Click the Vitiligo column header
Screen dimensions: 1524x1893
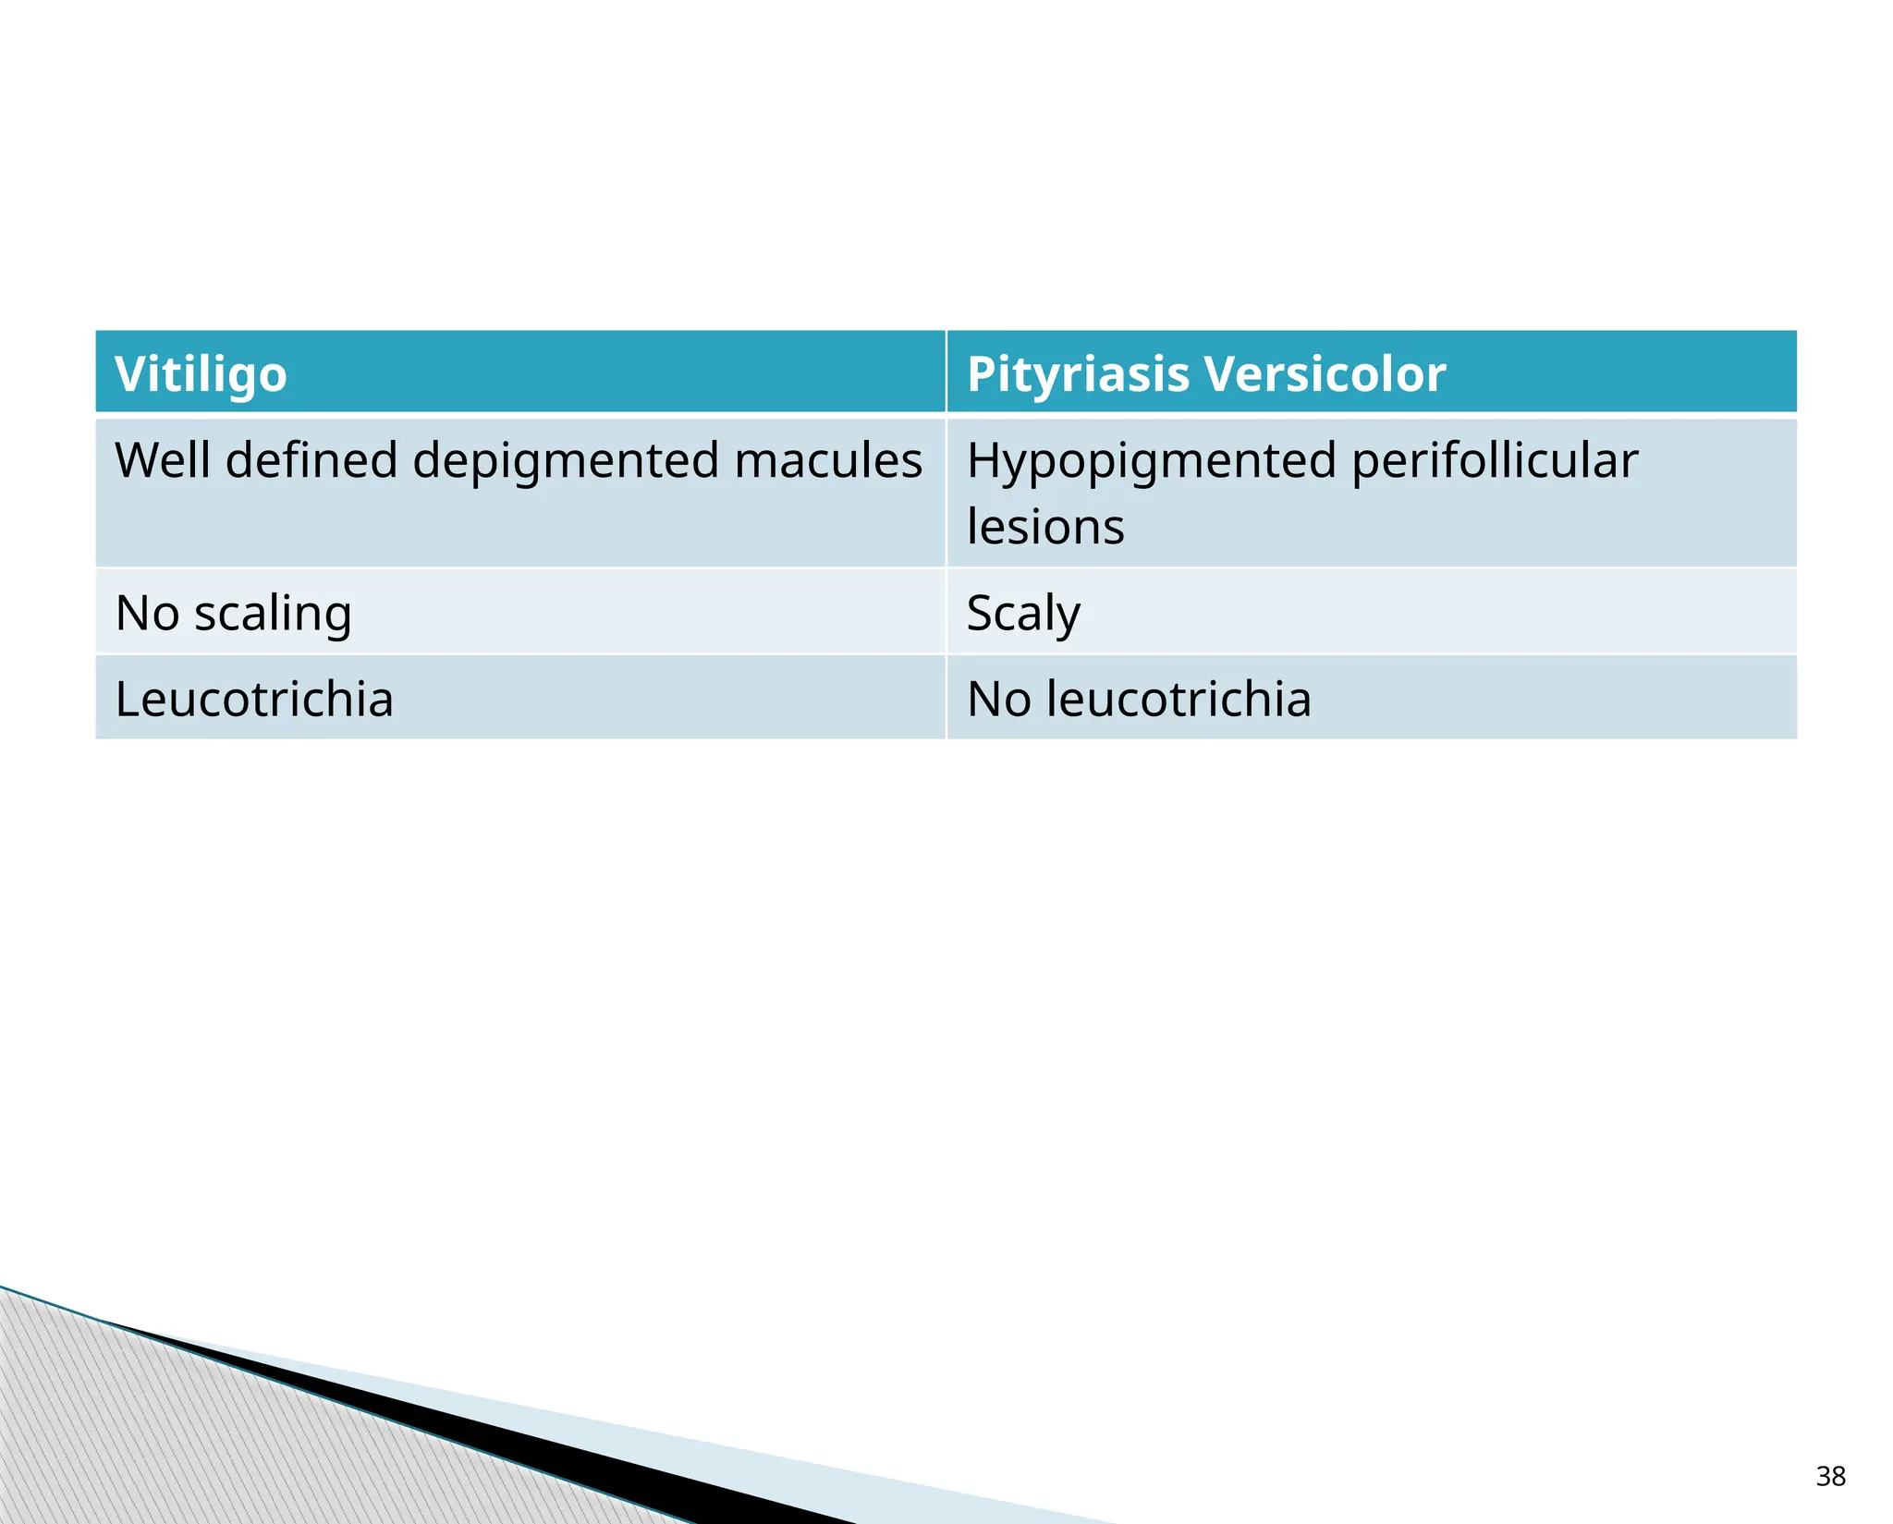tap(201, 374)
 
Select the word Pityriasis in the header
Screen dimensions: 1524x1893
tap(1078, 374)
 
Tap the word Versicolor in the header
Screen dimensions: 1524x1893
tap(1325, 374)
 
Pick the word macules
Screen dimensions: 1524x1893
tap(827, 460)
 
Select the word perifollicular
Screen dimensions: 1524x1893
tap(1495, 460)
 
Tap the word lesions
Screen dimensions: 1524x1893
tap(1045, 527)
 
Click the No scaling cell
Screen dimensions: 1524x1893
tap(234, 613)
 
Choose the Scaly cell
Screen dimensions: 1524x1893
tap(1023, 613)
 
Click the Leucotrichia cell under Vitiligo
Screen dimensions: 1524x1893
tap(254, 699)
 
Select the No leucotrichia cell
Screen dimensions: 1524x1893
tap(1139, 699)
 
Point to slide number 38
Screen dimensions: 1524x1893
tap(1830, 1476)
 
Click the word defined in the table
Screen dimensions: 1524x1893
tap(311, 460)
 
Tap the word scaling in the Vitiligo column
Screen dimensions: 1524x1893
tap(273, 613)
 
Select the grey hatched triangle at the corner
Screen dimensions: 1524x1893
tap(139, 1442)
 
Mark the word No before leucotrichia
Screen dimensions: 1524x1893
tap(998, 699)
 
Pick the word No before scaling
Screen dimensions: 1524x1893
tap(147, 613)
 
